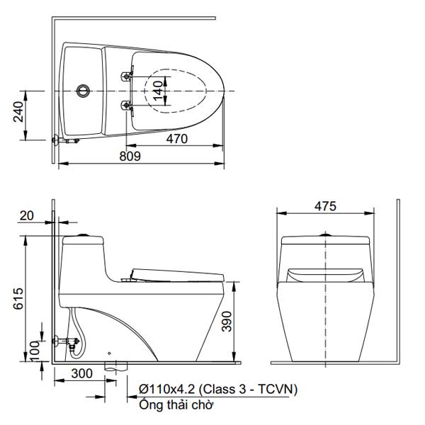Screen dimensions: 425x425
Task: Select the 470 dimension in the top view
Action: [176, 139]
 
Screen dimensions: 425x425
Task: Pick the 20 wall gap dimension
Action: [28, 215]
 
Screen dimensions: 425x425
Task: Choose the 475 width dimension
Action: [324, 206]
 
